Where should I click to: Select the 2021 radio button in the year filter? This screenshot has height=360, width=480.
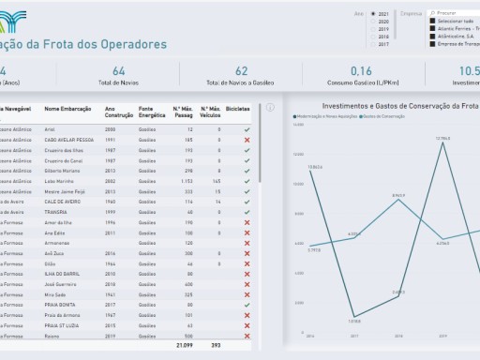pyautogui.click(x=373, y=14)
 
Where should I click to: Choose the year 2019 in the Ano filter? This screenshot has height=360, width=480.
pyautogui.click(x=373, y=29)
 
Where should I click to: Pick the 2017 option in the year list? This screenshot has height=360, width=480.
pyautogui.click(x=373, y=44)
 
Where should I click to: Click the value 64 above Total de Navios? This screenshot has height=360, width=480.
pyautogui.click(x=118, y=71)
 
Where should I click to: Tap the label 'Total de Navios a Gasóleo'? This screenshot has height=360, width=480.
pyautogui.click(x=241, y=84)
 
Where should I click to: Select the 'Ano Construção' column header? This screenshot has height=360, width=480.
pyautogui.click(x=114, y=110)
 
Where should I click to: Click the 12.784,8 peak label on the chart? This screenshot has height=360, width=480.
pyautogui.click(x=442, y=139)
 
